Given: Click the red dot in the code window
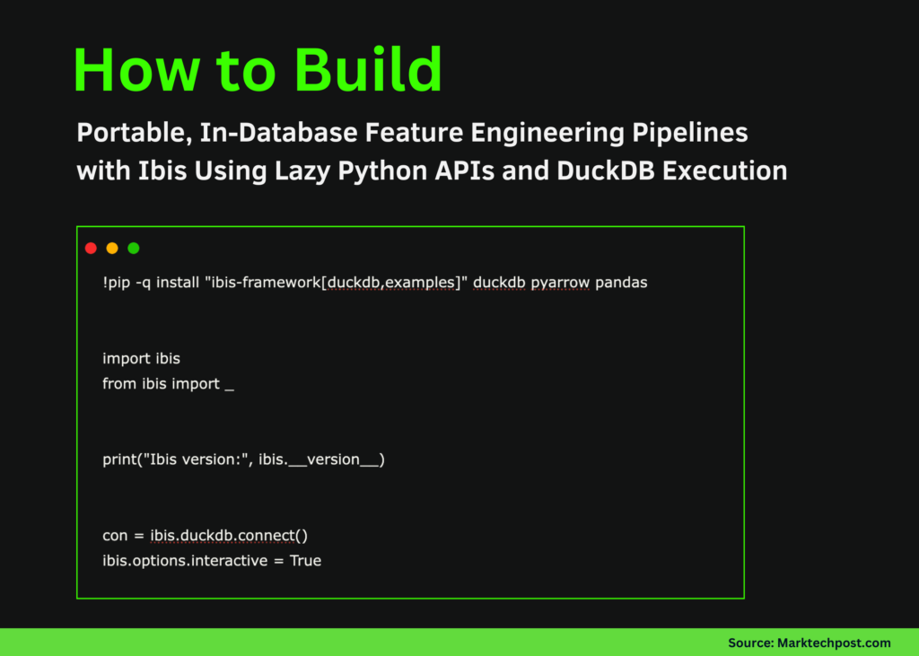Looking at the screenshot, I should point(91,249).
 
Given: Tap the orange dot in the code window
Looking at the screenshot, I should point(112,249).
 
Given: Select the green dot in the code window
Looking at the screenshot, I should point(134,249).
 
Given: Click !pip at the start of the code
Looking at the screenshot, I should point(117,283).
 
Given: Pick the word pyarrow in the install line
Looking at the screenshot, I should point(560,283).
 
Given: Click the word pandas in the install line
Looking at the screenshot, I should point(621,283).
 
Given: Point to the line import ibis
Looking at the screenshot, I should point(141,359).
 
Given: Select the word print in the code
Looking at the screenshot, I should point(119,460).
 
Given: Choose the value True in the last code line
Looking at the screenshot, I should point(305,561).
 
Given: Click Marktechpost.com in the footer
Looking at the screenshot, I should point(834,643).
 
